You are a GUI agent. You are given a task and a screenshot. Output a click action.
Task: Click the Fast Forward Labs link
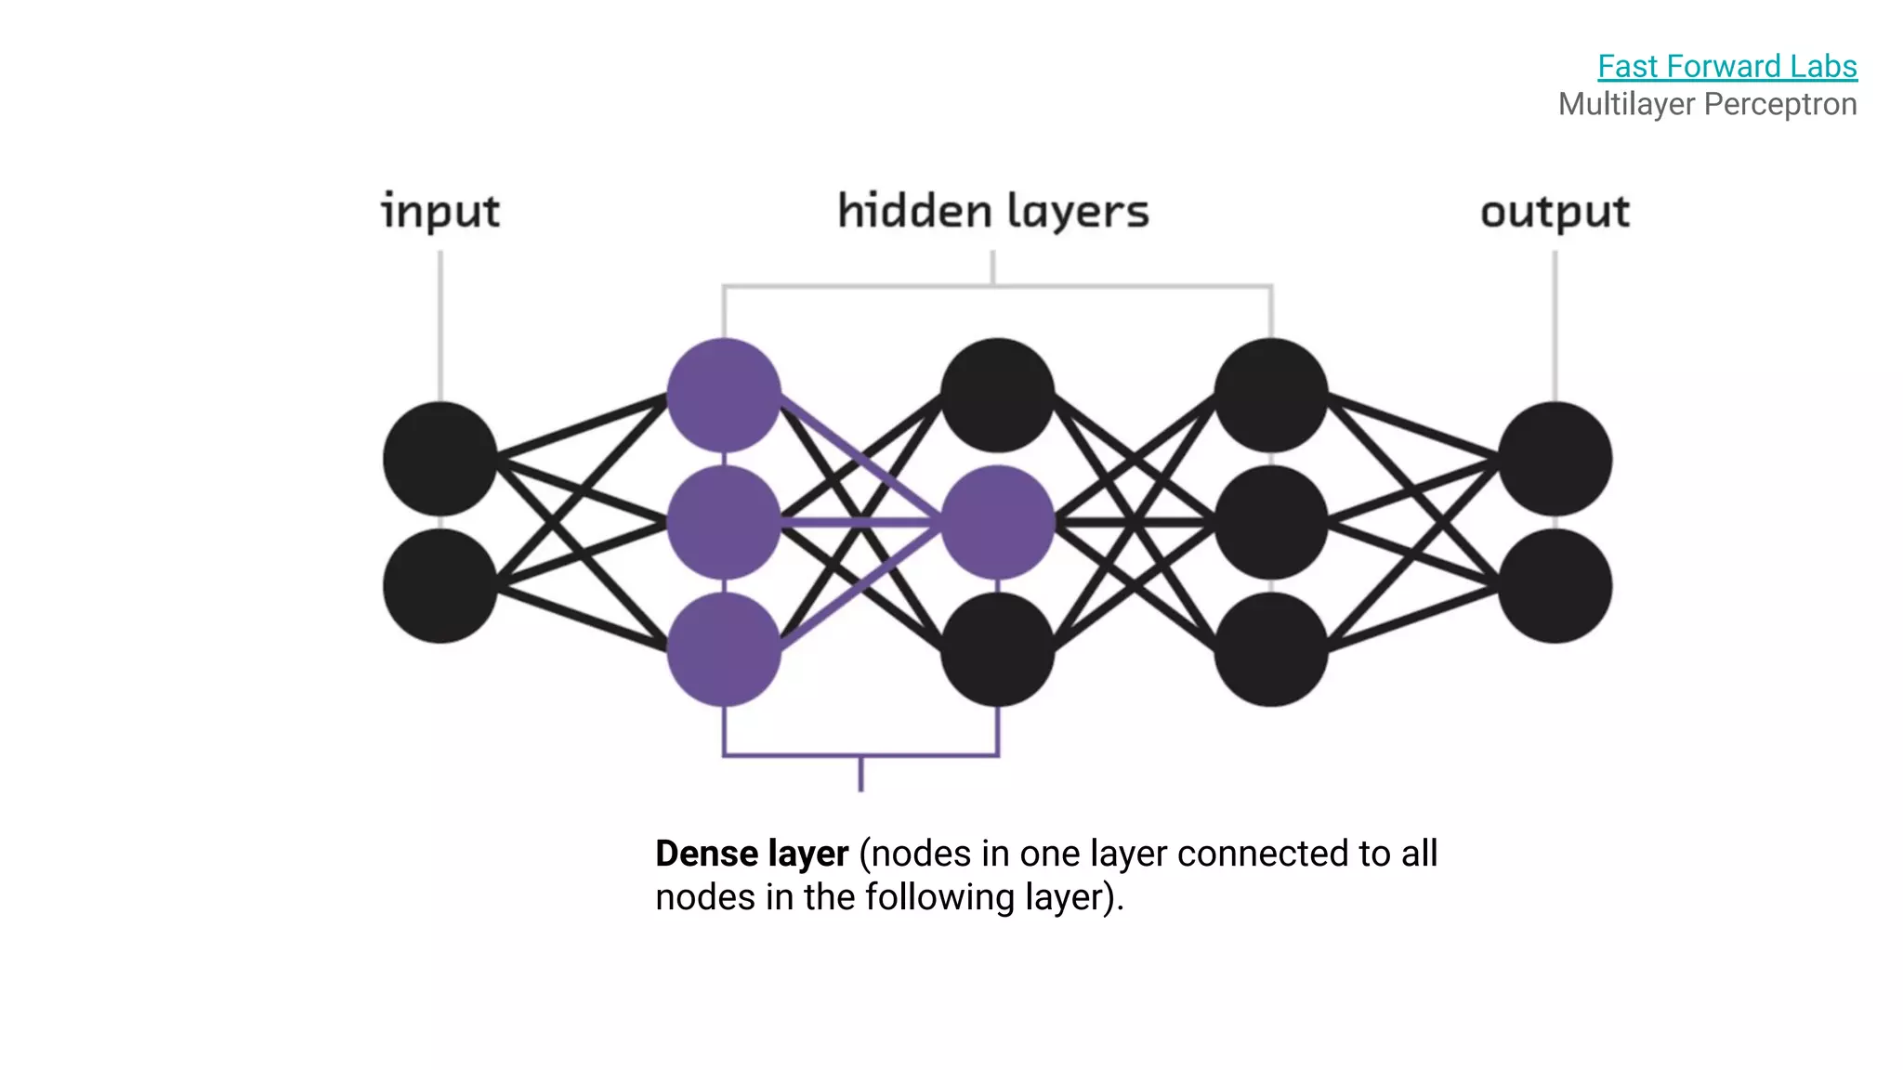coord(1726,67)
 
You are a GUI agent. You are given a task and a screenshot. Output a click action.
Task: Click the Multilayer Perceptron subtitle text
coord(1707,104)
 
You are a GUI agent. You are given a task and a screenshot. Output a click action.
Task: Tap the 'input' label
coord(440,211)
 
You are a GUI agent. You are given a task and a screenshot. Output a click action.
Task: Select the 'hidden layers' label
coord(993,211)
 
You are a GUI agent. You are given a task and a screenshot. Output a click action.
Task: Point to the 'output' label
coord(1555,212)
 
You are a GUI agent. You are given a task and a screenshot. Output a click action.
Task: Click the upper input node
coord(440,459)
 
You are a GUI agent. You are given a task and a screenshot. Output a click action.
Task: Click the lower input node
coord(440,586)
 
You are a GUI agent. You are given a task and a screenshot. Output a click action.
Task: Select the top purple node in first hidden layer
coord(724,396)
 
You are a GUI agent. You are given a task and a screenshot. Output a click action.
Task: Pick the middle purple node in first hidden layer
coord(724,523)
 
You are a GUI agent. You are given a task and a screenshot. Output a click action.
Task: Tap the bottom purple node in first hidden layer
coord(724,649)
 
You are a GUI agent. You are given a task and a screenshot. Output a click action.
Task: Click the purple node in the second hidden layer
coord(997,523)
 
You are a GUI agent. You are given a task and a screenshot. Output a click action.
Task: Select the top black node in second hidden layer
coord(997,396)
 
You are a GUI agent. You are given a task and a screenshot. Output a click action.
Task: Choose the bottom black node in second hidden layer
coord(997,649)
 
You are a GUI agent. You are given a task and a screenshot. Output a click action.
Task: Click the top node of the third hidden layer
coord(1271,396)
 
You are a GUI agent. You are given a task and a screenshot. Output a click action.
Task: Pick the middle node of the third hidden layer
coord(1271,523)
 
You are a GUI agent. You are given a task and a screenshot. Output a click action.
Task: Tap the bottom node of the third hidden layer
coord(1271,649)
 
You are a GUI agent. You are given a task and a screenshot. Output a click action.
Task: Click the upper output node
coord(1555,459)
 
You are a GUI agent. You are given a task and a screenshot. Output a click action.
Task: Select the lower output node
coord(1555,586)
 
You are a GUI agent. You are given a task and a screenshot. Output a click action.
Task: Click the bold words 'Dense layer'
coord(752,854)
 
